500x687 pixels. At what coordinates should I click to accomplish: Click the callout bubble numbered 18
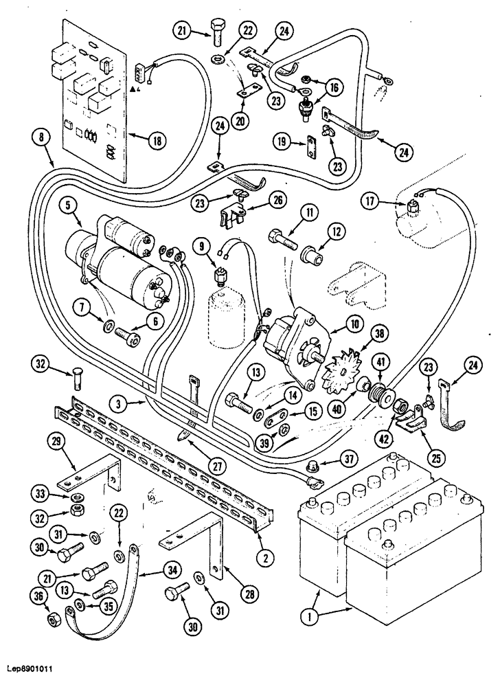pos(157,140)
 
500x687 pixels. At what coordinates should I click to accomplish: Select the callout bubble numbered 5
pos(68,205)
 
